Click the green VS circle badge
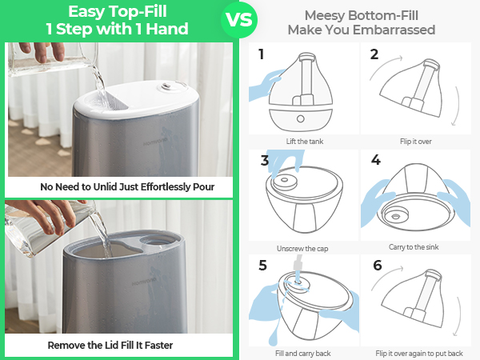tap(239, 20)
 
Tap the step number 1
tap(261, 54)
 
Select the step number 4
tap(376, 160)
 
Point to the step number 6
tap(378, 265)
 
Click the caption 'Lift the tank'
tap(305, 142)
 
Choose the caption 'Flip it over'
tap(416, 142)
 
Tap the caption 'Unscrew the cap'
tap(302, 249)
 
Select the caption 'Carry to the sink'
tap(414, 247)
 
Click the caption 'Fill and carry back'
tap(302, 354)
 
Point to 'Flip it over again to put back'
tap(419, 354)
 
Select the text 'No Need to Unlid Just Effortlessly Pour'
tap(127, 186)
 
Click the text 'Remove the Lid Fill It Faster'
tap(110, 346)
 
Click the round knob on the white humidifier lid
tap(167, 86)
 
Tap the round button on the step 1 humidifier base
tap(301, 118)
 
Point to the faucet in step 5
tap(298, 266)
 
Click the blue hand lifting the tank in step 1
tap(265, 85)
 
